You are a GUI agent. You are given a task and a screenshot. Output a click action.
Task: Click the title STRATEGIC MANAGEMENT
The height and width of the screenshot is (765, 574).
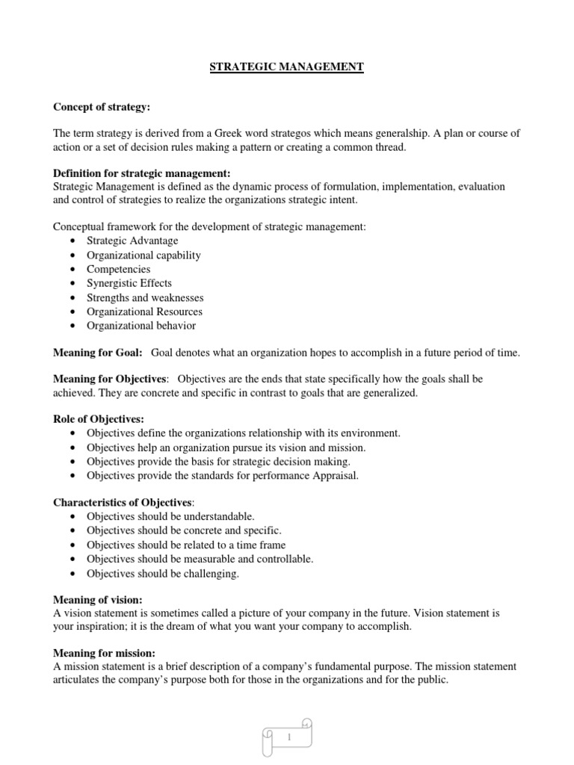(x=287, y=67)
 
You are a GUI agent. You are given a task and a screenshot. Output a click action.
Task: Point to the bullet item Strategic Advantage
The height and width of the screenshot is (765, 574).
(x=132, y=241)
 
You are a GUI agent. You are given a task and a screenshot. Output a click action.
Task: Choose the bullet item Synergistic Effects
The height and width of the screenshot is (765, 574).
(x=129, y=283)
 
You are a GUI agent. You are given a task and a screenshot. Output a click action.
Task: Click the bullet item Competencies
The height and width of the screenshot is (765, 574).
(x=118, y=269)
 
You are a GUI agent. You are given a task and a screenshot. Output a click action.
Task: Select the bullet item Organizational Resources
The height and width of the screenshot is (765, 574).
(x=144, y=312)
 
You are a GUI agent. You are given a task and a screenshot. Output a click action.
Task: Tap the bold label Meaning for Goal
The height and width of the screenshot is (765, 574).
(x=98, y=352)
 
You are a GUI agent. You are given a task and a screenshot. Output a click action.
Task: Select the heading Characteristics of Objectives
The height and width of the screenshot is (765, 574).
(x=122, y=502)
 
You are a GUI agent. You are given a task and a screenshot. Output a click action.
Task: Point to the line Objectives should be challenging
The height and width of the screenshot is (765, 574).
(x=163, y=573)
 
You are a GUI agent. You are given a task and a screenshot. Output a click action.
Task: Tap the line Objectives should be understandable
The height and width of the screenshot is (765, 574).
(x=170, y=516)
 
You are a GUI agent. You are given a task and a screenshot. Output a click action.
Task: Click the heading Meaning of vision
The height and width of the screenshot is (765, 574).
(x=97, y=600)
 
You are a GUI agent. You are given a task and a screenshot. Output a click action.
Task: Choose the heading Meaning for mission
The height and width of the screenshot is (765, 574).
(x=100, y=652)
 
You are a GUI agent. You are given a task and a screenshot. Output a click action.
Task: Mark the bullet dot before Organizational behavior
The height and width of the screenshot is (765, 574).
(x=71, y=326)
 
